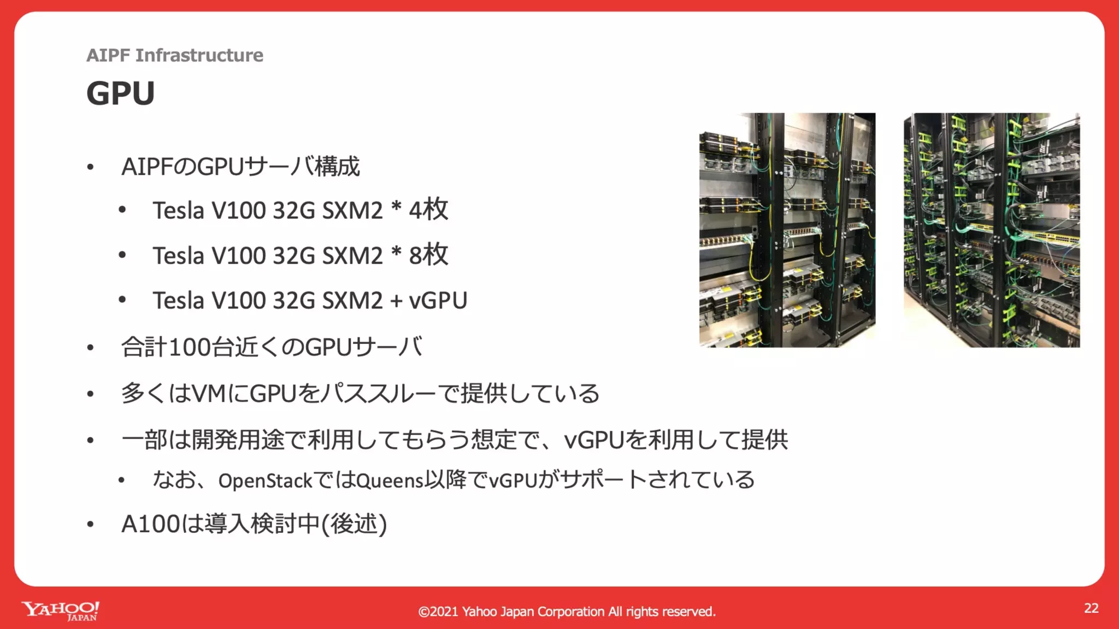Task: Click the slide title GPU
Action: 121,93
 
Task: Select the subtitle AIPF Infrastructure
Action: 175,55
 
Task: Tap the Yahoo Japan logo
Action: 61,610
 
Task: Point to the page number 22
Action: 1091,608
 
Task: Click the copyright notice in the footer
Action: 567,612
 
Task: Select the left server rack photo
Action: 787,230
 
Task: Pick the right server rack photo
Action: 991,230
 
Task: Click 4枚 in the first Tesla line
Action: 428,210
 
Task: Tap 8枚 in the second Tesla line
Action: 428,255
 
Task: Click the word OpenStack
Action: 265,481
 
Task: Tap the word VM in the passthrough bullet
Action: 209,394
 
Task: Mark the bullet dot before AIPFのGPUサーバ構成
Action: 91,167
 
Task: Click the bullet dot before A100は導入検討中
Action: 91,524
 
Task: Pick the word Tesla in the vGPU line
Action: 178,300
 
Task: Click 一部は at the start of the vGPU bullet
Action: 156,440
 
